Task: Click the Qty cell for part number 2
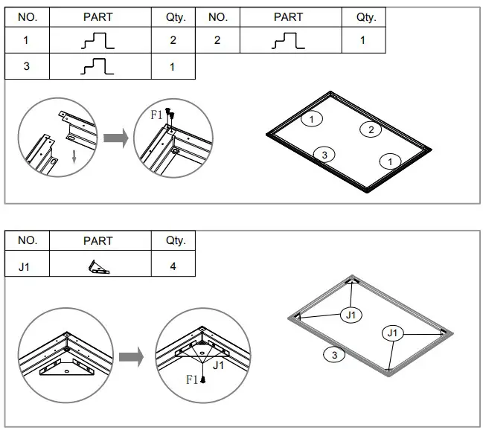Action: click(362, 40)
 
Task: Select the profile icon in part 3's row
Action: click(97, 67)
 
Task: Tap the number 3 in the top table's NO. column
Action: click(27, 67)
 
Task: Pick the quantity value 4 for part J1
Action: click(173, 266)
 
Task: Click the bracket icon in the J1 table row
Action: click(97, 266)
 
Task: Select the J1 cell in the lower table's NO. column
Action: click(27, 266)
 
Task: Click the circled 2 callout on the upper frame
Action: click(370, 130)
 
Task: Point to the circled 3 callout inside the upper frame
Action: click(323, 154)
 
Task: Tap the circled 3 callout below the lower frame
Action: click(334, 356)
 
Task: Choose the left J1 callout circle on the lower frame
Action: click(351, 315)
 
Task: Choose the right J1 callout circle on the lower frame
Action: click(392, 333)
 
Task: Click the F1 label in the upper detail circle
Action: click(156, 115)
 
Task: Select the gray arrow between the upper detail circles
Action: click(115, 138)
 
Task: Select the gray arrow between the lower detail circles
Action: click(130, 357)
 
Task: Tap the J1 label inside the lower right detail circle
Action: click(219, 366)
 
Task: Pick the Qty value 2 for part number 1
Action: click(173, 40)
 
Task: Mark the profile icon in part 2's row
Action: click(288, 40)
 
